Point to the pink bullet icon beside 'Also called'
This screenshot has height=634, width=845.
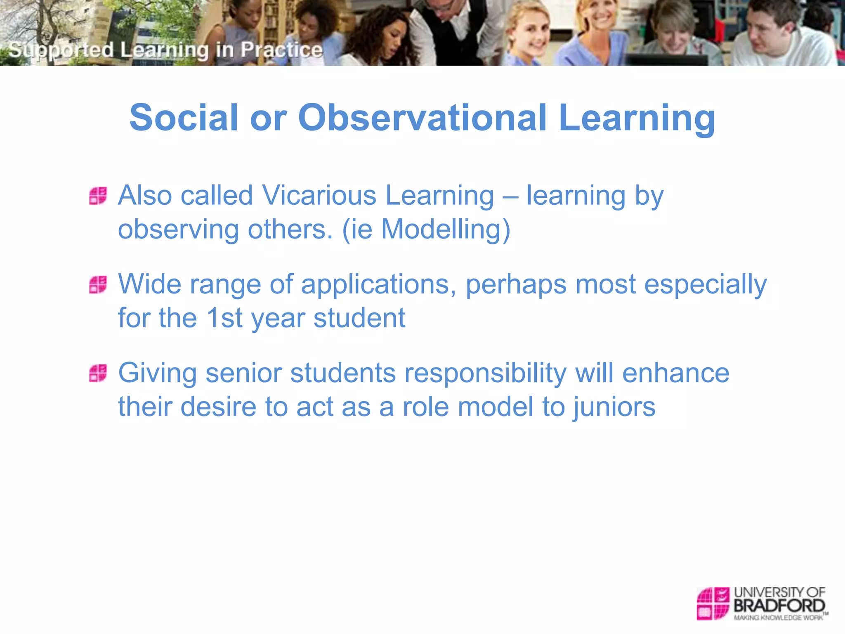[x=98, y=196]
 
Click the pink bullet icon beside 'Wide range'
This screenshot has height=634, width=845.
[x=98, y=285]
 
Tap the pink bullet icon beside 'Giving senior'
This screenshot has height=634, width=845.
[x=98, y=373]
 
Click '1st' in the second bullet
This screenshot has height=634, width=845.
[x=224, y=318]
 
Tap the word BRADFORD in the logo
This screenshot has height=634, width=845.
[x=779, y=606]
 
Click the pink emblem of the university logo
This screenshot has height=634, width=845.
[x=713, y=603]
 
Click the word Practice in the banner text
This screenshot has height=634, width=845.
[x=281, y=50]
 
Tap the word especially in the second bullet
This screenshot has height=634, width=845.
[x=705, y=285]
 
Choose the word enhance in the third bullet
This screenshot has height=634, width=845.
[x=675, y=373]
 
